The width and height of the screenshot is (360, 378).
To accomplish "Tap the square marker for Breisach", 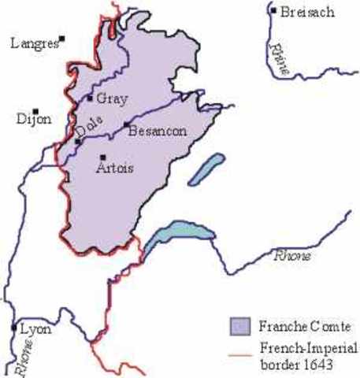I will (x=273, y=11).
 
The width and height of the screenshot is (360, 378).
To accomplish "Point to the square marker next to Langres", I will (x=62, y=38).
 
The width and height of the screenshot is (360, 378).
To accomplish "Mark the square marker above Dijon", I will (x=35, y=111).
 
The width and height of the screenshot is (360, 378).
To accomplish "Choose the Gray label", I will (x=112, y=98).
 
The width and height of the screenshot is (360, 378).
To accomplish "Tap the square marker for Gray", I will (x=91, y=98).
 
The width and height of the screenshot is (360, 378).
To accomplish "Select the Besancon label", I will (x=157, y=132).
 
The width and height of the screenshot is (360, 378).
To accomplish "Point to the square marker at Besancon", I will (x=125, y=124).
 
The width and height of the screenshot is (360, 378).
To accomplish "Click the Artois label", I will (x=113, y=168).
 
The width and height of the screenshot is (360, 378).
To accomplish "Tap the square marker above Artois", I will (x=102, y=157).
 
